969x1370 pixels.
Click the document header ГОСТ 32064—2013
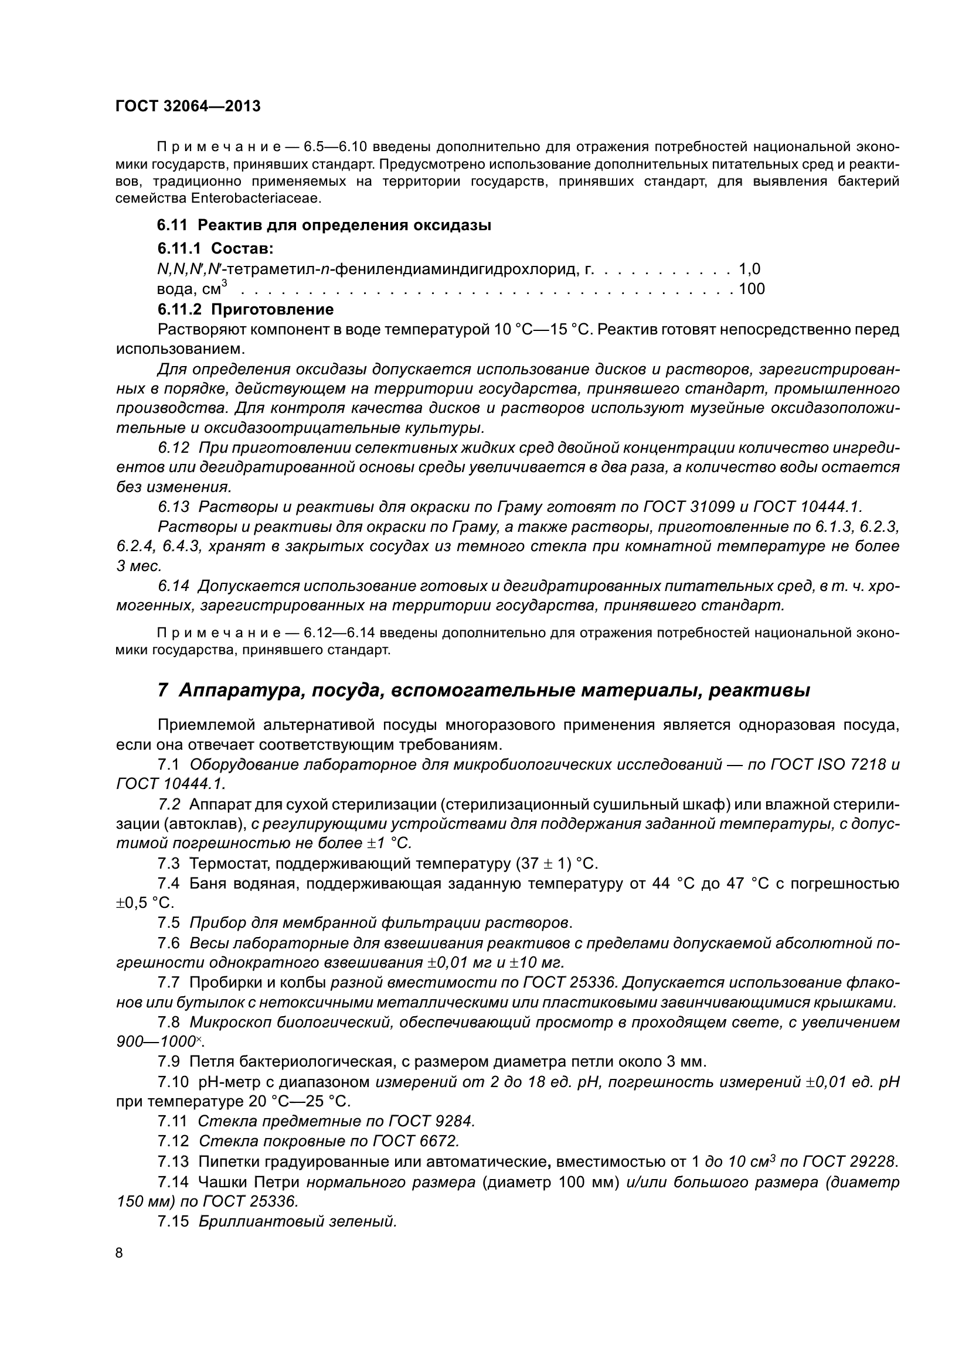[x=188, y=106]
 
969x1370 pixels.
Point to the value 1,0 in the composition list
[x=749, y=268]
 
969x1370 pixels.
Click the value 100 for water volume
[x=752, y=289]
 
